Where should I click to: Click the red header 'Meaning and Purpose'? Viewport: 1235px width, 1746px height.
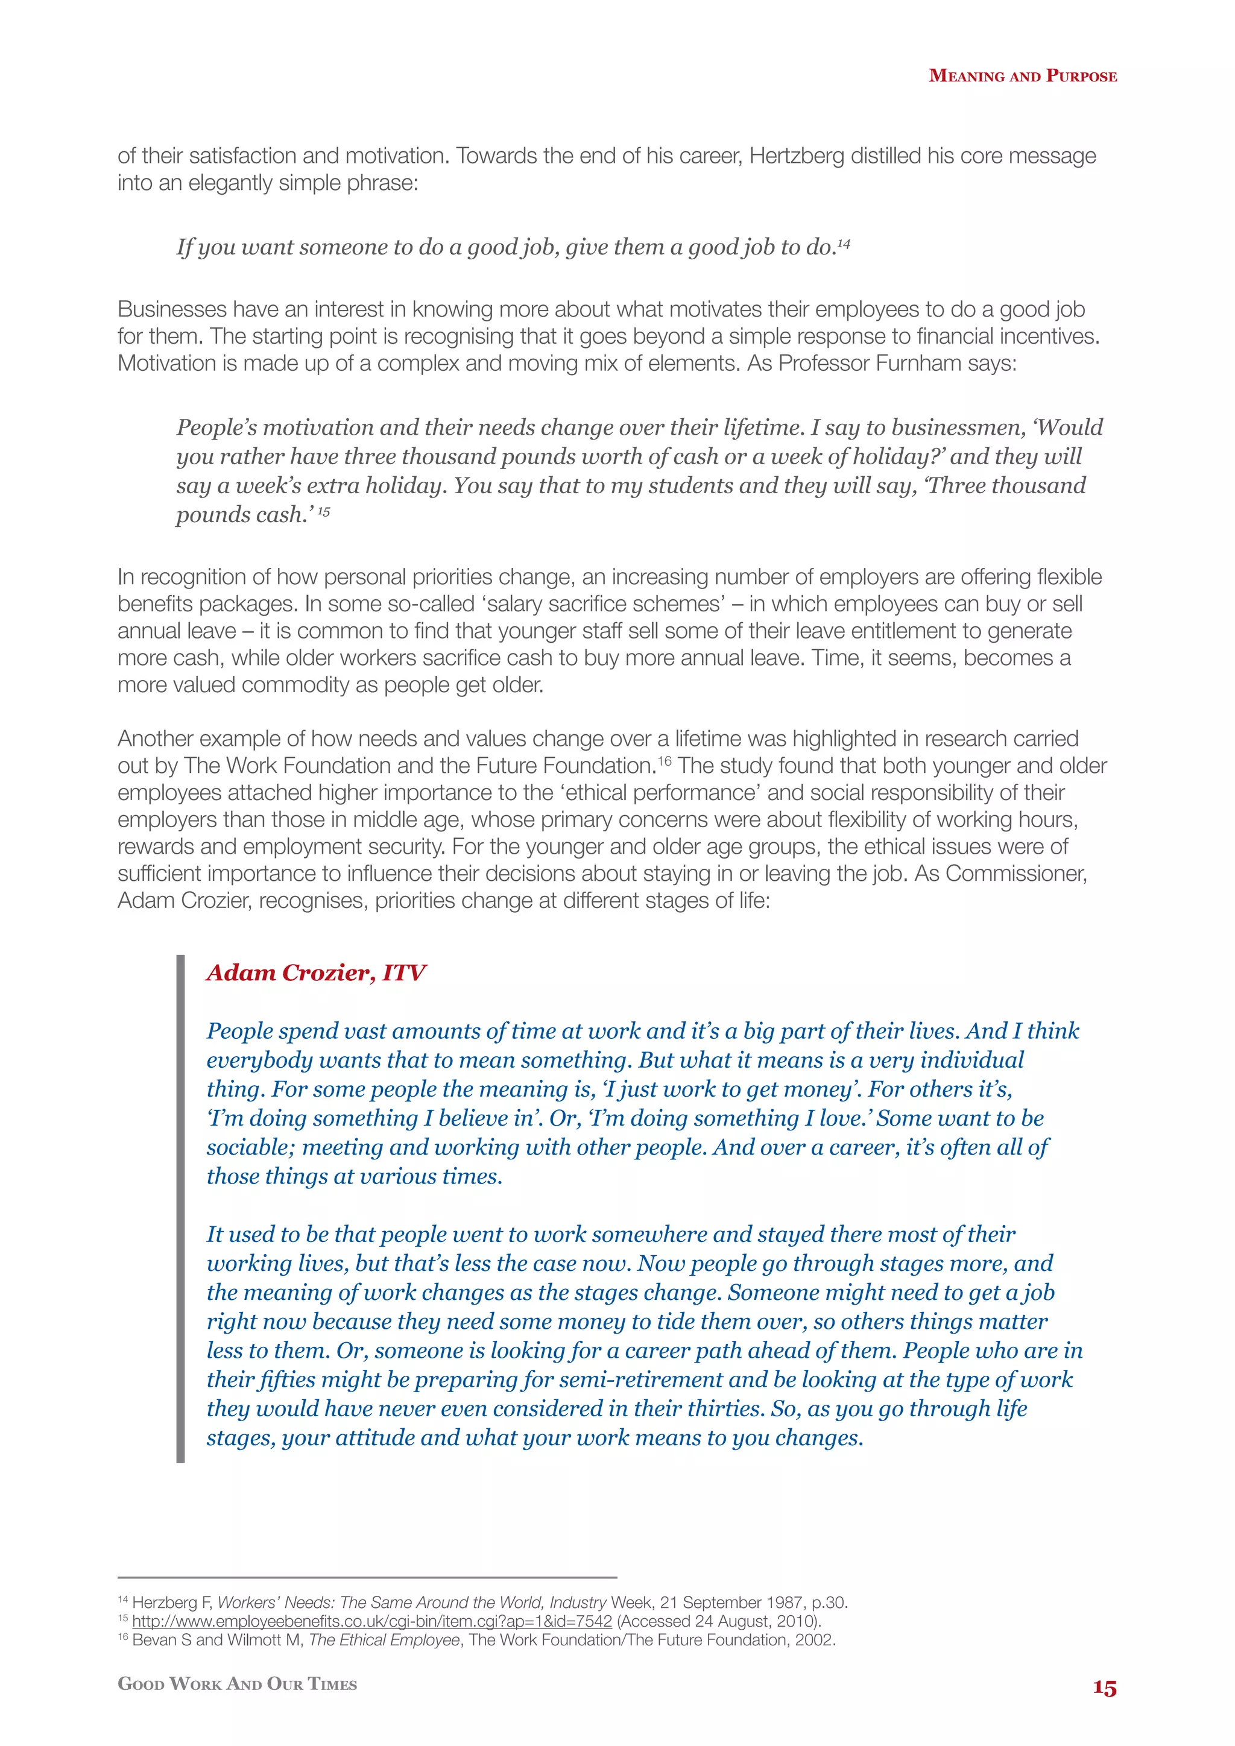[x=1022, y=76]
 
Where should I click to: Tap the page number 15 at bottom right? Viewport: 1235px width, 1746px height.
[x=1104, y=1688]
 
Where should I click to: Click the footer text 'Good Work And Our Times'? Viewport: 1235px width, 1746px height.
[x=237, y=1684]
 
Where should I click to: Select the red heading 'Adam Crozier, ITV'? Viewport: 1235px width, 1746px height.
[x=315, y=972]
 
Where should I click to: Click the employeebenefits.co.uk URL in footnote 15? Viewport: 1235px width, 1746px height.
[x=372, y=1621]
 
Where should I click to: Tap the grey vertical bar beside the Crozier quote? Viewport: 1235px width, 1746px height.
[x=180, y=1209]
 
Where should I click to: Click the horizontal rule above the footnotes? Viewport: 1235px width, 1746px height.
[x=367, y=1577]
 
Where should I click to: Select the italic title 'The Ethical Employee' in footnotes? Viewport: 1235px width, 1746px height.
[x=384, y=1639]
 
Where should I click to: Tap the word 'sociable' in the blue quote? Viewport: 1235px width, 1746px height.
[x=250, y=1147]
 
